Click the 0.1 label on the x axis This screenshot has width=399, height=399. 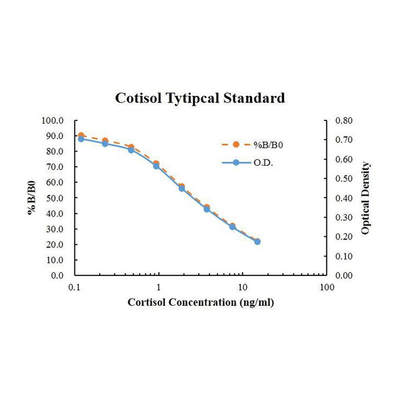click(74, 288)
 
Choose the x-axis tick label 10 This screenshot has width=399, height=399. click(242, 288)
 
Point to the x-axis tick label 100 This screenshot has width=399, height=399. click(326, 288)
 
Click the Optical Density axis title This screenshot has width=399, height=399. click(366, 198)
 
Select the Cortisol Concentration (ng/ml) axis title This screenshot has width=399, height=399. click(201, 303)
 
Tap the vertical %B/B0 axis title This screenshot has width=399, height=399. click(31, 198)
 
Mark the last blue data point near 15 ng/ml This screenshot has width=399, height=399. click(257, 241)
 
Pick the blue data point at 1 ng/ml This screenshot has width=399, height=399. click(156, 166)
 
